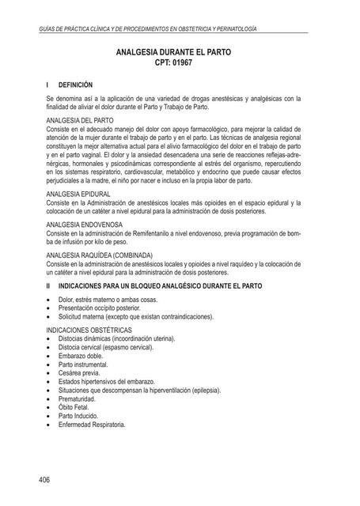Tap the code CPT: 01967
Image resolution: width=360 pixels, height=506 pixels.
coord(180,66)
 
